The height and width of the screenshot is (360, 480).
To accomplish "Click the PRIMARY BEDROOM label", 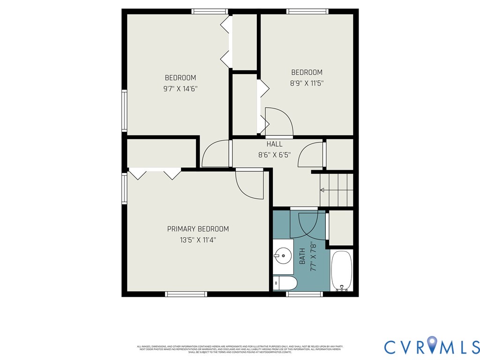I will coord(198,229).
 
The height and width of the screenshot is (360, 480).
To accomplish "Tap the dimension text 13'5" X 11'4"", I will coord(198,240).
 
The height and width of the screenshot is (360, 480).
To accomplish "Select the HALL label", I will coord(274,144).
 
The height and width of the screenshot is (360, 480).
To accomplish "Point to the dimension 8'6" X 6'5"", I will coord(274,155).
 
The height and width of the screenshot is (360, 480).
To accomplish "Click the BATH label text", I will coord(302,255).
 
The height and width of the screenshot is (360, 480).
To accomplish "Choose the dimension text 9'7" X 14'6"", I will coord(180,89).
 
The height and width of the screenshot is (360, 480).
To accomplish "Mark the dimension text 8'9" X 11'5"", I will coord(307,83).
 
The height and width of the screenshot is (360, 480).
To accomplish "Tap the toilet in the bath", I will coord(285,283).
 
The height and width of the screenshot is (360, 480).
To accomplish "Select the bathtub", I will coord(342,271).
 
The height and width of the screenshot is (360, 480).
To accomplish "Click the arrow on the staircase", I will coord(322,190).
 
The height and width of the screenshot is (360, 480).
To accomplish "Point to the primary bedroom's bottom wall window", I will coord(186,294).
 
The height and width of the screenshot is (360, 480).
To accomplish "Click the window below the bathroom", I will coord(304,294).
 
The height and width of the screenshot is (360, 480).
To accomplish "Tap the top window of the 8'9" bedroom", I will coord(307,11).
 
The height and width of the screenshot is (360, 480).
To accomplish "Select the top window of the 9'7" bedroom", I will coord(210,11).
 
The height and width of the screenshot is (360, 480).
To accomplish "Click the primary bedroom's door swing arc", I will coord(250,185).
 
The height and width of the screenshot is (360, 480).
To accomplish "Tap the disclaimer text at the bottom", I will coord(240,349).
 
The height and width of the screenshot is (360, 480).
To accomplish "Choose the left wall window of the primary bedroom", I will coord(124,188).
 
